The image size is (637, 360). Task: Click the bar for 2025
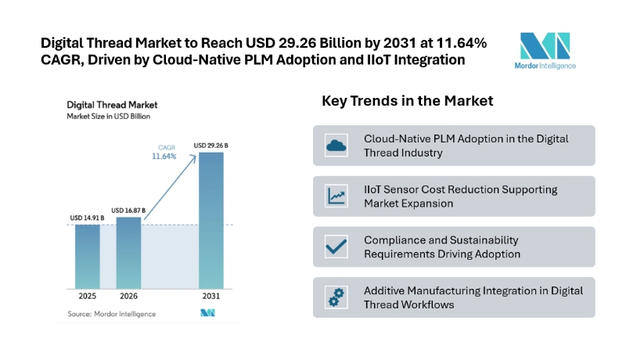pos(88,257)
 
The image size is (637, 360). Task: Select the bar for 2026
pos(129,253)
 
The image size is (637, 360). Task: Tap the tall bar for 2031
pos(211,221)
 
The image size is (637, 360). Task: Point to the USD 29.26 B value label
pos(211,146)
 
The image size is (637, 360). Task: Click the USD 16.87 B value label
pos(128,211)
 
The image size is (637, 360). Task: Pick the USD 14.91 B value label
pos(87,218)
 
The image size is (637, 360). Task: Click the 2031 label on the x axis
pos(211,296)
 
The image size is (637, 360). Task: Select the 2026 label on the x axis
pos(128,296)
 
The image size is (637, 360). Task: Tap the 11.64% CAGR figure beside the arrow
pos(164,157)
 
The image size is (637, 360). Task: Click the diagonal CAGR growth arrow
pos(171,187)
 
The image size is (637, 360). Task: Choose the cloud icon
pos(336,146)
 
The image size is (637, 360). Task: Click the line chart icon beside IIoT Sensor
pos(336,196)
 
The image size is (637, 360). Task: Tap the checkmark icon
pos(336,247)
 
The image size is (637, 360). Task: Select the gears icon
pos(336,297)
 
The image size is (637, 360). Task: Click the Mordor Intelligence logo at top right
pos(545,51)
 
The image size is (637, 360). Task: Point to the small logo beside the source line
pos(207,313)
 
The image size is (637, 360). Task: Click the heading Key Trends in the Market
pos(408,101)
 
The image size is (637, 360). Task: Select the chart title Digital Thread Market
pos(112,105)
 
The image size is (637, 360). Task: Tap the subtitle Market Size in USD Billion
pos(109,117)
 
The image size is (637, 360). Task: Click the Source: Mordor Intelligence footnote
pos(112,314)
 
